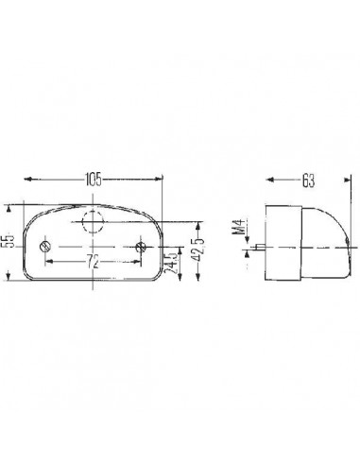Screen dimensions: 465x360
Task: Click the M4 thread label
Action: (238, 228)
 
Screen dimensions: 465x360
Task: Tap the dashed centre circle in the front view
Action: (93, 223)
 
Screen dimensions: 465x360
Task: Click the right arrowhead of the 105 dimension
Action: (162, 178)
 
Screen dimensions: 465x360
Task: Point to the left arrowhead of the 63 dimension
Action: (268, 178)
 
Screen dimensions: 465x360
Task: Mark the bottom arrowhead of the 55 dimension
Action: (10, 281)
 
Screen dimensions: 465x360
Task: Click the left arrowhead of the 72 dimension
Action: (47, 258)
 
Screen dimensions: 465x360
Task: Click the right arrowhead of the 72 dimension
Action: (138, 258)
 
